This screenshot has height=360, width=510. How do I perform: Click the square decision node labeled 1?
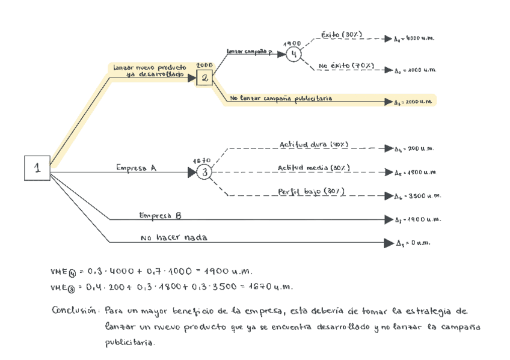(37, 168)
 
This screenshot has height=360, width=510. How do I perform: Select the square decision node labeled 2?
(204, 78)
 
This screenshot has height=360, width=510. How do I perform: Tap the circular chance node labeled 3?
(204, 173)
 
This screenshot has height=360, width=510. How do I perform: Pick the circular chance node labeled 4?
(293, 53)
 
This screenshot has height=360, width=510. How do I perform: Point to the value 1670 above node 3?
(201, 160)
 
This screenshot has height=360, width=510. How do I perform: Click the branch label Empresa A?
(136, 168)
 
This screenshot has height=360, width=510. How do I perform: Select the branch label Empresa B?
(160, 215)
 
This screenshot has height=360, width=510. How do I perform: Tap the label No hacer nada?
(173, 238)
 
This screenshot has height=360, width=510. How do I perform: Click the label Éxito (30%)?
(342, 35)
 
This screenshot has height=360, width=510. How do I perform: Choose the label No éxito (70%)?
(346, 66)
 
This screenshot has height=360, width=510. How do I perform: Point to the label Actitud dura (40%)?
(313, 144)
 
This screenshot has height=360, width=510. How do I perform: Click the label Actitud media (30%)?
(314, 168)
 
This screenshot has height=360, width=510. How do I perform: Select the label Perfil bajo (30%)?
(311, 191)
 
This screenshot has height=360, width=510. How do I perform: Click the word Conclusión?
(74, 311)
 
